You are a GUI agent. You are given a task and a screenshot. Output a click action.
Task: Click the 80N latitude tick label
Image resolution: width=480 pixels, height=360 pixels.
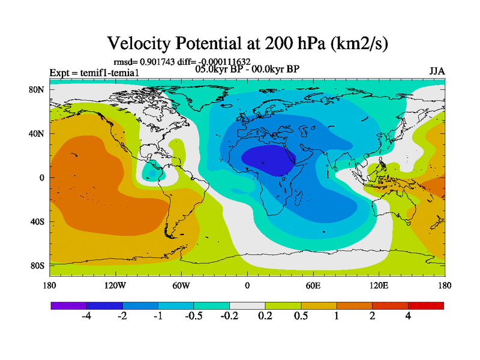pos(37,90)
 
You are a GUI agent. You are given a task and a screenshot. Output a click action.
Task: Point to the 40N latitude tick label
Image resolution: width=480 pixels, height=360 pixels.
pos(37,134)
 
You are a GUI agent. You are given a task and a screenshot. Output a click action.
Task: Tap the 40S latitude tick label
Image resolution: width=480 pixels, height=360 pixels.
pos(37,221)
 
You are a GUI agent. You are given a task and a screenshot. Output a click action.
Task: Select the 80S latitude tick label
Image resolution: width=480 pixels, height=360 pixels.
pos(37,265)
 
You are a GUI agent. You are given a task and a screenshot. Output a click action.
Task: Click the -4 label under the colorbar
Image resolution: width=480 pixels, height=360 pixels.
pos(86,316)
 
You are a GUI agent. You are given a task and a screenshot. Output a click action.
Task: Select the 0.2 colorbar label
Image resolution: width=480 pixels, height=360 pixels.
pos(265,316)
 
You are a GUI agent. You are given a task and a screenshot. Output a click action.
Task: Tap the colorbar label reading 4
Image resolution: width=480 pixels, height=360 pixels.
pos(408,316)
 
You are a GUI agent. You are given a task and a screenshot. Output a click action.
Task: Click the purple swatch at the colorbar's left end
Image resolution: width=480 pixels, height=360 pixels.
pos(68,305)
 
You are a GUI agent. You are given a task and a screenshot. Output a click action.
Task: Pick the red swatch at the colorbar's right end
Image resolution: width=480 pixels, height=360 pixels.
pos(426,305)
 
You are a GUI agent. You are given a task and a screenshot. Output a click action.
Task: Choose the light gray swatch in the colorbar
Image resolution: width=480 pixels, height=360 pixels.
pos(247,305)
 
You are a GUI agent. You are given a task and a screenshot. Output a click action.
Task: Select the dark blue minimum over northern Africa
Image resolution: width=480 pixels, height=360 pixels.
pos(267,159)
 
